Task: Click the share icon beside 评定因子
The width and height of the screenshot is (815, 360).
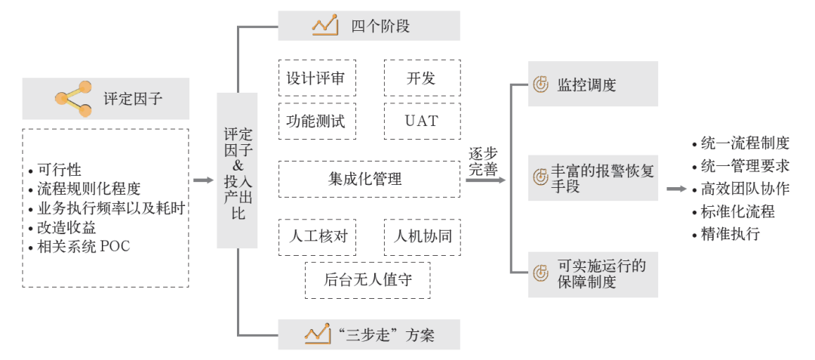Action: point(73,98)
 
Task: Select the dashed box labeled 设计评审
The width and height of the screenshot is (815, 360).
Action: point(316,78)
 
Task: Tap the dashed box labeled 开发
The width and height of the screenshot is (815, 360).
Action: point(421,78)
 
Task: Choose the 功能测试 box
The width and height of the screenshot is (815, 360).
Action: point(316,121)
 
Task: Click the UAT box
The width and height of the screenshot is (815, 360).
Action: point(421,121)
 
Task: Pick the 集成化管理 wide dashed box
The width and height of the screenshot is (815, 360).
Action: point(369,179)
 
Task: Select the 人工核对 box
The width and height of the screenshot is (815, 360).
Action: point(316,236)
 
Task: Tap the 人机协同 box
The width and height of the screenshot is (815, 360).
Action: point(421,236)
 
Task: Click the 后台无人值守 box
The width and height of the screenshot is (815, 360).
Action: point(368,280)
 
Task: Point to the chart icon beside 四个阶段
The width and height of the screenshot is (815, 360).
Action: point(324,26)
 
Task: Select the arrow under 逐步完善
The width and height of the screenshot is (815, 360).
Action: point(485,180)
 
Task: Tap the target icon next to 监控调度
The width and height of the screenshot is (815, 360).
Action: point(540,85)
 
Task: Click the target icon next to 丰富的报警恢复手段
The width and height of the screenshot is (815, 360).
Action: point(540,178)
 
